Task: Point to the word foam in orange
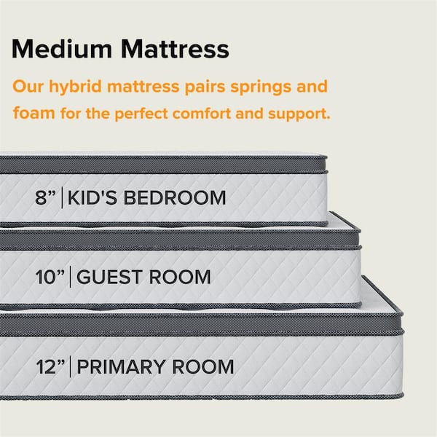33,114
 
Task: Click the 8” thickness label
46,197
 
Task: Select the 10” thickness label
50,277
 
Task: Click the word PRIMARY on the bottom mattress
122,366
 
